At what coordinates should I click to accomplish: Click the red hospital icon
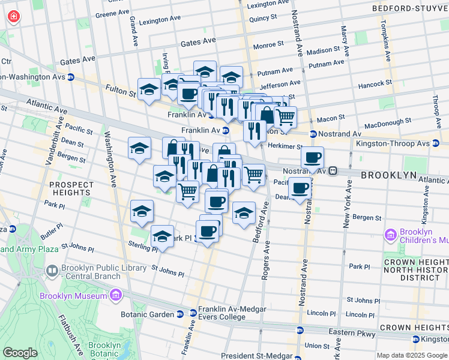12,17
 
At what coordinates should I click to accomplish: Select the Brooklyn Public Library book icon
52,271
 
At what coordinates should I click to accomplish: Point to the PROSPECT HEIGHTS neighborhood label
71,188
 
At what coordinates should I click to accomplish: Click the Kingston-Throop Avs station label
406,143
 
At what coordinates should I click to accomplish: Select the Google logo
20,353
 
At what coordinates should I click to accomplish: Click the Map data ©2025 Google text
412,355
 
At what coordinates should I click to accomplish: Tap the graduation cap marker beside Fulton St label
148,90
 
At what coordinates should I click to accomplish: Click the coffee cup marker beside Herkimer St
312,158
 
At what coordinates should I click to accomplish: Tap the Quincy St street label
262,19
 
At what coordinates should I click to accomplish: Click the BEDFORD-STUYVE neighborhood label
410,9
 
